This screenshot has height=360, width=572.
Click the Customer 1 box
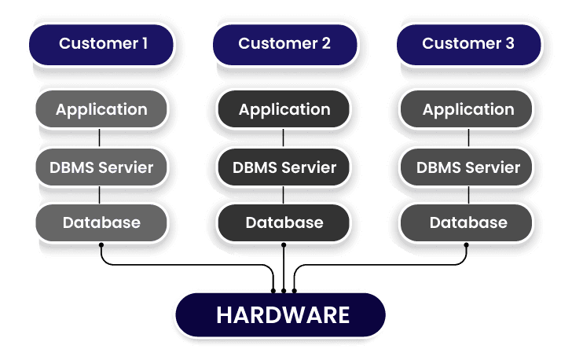coord(101,44)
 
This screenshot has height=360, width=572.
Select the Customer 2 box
coord(284,44)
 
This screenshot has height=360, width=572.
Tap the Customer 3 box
coord(467,44)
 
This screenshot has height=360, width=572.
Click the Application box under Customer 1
coord(101,110)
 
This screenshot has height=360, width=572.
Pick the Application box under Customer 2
coord(284,110)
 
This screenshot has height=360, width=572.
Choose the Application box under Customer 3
coord(467,110)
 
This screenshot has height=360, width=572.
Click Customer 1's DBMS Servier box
coord(101,167)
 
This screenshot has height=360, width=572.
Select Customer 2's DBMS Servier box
coord(284,167)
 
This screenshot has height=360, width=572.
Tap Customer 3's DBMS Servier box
coord(467,167)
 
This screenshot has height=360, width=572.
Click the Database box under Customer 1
coord(101,222)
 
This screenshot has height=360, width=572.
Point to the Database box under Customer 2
coord(284,222)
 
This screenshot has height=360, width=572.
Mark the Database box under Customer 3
coord(467,222)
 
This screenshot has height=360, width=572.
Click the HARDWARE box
coord(283,315)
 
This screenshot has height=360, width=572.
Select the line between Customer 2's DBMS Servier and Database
coord(284,195)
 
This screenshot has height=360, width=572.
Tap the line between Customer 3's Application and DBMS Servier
coord(468,138)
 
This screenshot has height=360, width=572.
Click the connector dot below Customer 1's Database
coord(101,245)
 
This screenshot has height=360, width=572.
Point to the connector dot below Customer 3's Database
coord(467,245)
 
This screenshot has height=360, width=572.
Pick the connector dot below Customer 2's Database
coord(284,245)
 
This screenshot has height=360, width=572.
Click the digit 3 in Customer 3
coord(510,44)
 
